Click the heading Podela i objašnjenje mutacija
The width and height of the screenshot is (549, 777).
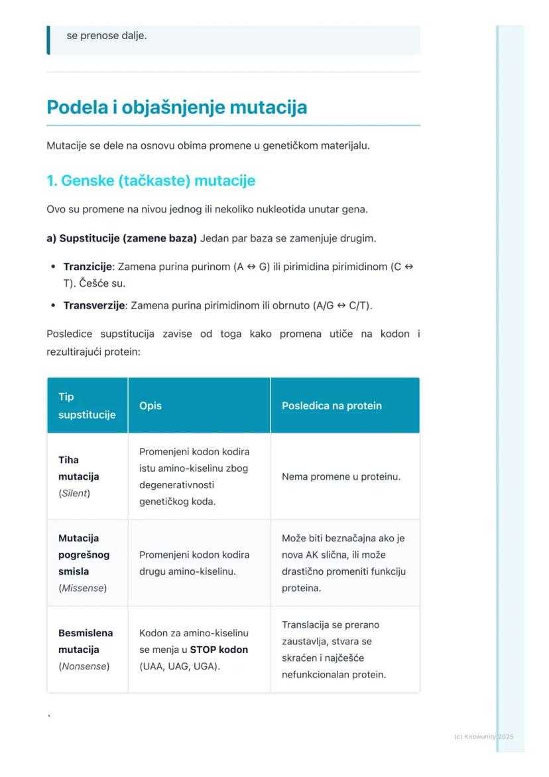point(176,107)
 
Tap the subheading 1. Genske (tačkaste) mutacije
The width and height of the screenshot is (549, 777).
point(151,180)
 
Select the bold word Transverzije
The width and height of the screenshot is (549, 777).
point(93,305)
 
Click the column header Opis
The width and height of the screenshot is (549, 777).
point(151,405)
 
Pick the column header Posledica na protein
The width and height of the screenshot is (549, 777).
point(332,405)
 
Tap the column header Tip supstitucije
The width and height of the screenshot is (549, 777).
point(86,405)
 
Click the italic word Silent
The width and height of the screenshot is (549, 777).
point(75,493)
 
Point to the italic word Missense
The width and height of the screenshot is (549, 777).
point(84,588)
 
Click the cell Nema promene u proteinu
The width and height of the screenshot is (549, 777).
point(341,476)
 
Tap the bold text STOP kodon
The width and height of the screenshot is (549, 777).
point(219,650)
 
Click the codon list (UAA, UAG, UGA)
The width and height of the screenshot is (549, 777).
point(179,666)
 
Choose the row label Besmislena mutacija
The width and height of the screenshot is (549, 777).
point(86,641)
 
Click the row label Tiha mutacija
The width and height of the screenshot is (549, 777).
point(78,468)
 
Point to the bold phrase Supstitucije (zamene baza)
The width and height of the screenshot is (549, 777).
point(121,238)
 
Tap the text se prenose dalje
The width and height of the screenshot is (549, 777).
point(107,35)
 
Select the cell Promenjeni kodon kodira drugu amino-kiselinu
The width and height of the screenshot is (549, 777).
point(194,563)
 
